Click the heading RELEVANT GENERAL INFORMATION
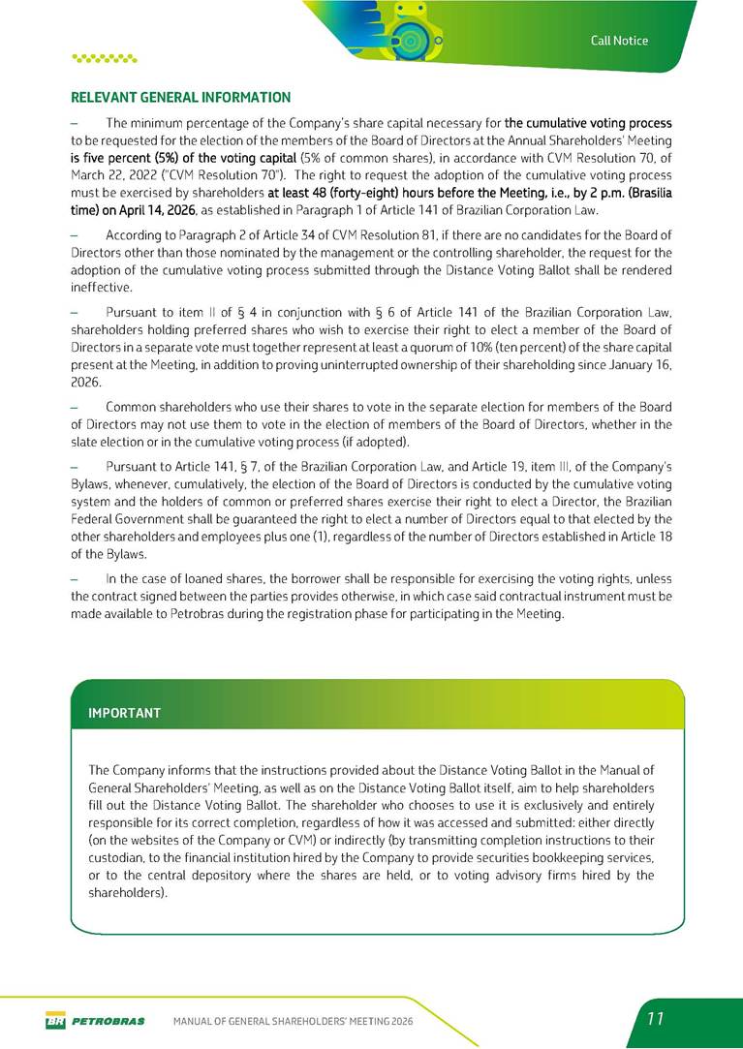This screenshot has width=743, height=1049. point(181,98)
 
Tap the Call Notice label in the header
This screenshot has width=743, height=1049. point(620,41)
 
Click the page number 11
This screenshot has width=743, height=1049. point(655,1019)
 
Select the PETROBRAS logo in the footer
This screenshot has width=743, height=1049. point(95,1020)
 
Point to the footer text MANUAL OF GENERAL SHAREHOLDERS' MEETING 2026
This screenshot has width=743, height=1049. point(293,1020)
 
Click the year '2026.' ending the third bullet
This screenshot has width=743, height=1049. point(87,384)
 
